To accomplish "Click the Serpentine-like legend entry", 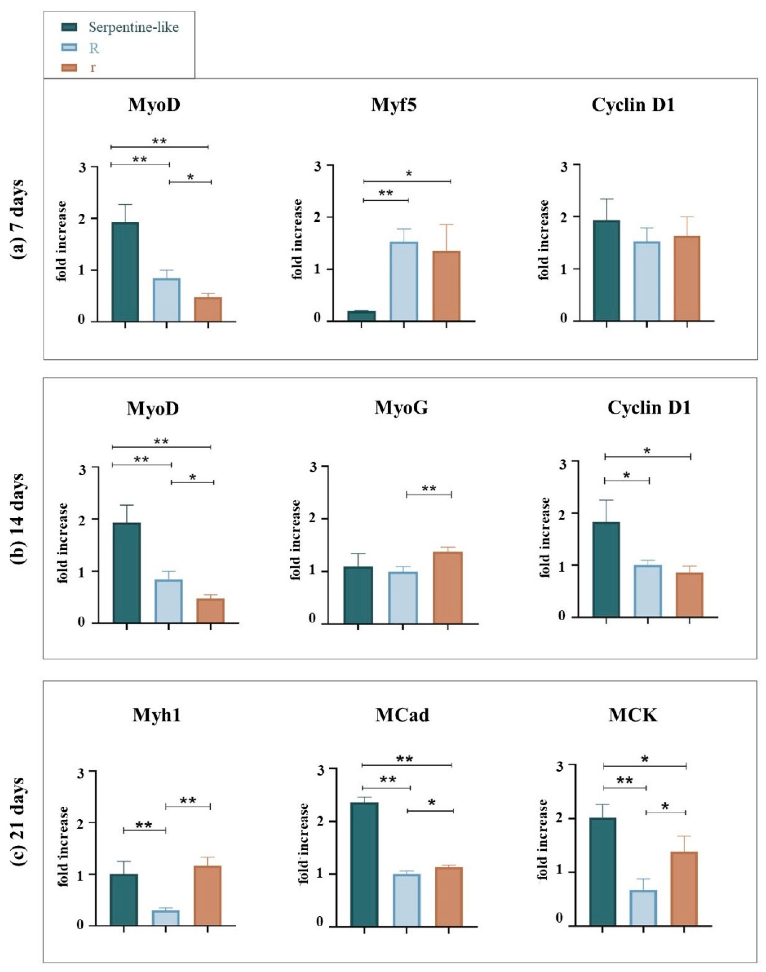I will tap(134, 27).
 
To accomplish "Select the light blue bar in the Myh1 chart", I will tap(165, 918).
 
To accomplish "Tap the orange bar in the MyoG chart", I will tap(448, 587).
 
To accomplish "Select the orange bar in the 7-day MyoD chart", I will tap(208, 309).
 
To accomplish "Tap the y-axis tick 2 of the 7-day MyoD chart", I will tap(81, 219).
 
